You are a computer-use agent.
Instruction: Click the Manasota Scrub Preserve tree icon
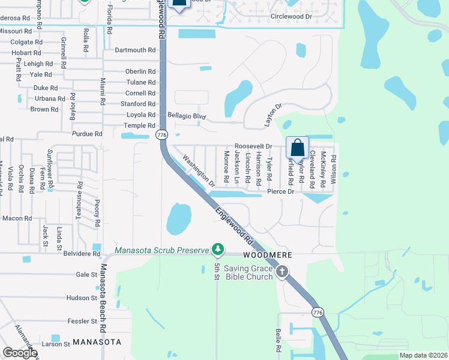218,250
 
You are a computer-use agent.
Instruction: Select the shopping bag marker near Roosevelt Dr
298,147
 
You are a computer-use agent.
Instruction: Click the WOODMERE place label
268,255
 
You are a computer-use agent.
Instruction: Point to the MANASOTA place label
97,342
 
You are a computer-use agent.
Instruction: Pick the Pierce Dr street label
281,192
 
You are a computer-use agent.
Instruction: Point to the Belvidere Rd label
82,254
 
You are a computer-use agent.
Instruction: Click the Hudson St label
82,298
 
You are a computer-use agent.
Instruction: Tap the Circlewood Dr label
292,17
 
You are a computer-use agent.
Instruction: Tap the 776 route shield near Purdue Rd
162,136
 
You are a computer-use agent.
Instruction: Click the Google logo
20,353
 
